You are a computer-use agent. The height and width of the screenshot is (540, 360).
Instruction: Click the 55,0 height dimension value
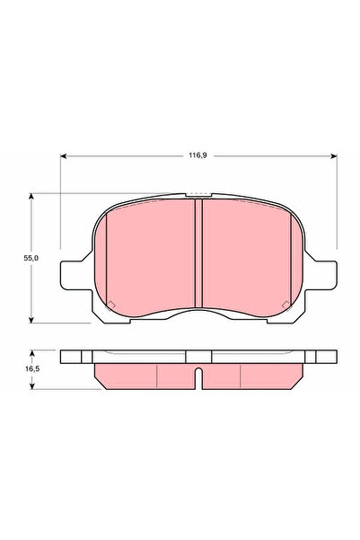(x=30, y=256)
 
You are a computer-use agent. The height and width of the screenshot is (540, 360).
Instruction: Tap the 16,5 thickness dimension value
(x=30, y=368)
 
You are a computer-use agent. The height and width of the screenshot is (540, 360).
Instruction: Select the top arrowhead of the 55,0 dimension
(x=31, y=193)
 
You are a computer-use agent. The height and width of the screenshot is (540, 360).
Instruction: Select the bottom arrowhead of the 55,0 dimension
(x=31, y=321)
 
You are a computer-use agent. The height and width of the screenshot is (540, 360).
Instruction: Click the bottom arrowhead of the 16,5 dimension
(x=31, y=386)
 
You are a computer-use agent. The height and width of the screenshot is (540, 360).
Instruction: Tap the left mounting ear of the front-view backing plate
(x=71, y=275)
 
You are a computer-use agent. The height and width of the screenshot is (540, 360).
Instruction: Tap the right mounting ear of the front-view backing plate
(x=326, y=275)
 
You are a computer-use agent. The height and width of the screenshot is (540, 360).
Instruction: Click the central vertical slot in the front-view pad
(x=198, y=253)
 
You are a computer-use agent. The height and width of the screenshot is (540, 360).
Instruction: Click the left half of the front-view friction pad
(x=148, y=256)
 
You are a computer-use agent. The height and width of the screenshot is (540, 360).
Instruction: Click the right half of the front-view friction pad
(x=247, y=256)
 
